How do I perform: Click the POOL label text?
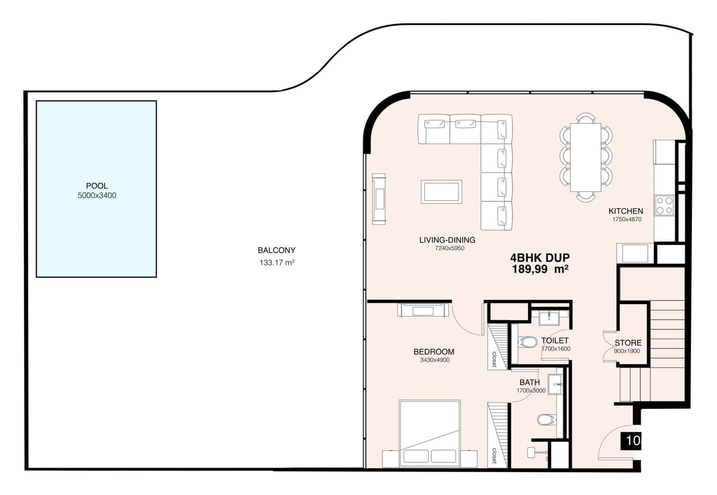[97, 186]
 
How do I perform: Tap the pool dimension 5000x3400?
[97, 196]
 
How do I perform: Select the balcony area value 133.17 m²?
[277, 263]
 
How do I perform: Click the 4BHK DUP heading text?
[540, 258]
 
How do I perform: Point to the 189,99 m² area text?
[540, 269]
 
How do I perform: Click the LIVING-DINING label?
[447, 240]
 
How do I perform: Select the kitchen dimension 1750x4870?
[627, 220]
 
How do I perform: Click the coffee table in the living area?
[441, 192]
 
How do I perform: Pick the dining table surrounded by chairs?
[586, 157]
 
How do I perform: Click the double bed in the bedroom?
[429, 433]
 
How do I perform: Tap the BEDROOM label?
[434, 352]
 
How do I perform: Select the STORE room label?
[628, 343]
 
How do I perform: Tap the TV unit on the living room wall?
[379, 199]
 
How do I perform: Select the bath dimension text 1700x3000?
[531, 390]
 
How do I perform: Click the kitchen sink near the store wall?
[635, 253]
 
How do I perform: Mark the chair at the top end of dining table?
[586, 118]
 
